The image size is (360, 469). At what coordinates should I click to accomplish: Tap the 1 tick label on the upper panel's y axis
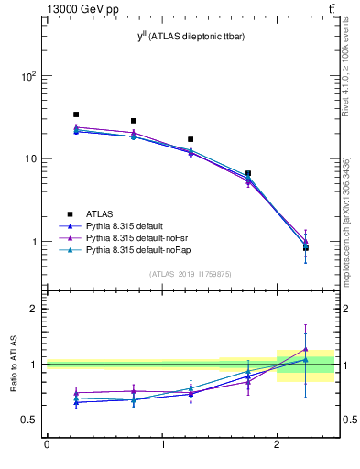[32, 242]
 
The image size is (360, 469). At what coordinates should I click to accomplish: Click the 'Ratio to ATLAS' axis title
[12, 365]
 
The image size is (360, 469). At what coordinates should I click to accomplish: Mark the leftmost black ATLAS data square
[76, 115]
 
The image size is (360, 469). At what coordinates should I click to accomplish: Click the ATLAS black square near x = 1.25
[191, 139]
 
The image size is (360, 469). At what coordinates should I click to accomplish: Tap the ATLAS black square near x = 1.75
[248, 173]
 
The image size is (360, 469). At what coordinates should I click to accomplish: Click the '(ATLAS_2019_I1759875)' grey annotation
[191, 274]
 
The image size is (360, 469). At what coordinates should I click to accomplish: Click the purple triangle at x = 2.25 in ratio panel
[306, 349]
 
